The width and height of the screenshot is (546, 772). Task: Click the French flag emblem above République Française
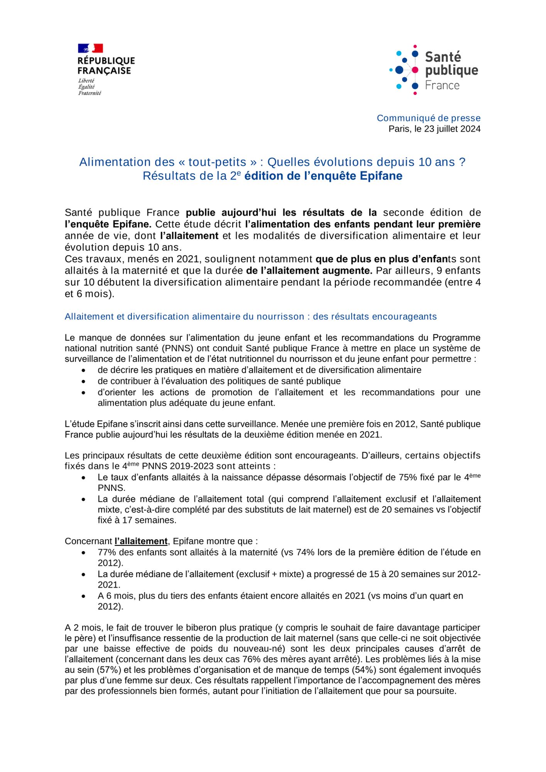point(90,48)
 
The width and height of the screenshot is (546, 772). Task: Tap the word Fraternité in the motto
point(90,93)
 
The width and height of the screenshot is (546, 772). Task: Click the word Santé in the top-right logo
point(443,57)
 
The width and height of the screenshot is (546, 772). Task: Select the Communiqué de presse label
point(428,118)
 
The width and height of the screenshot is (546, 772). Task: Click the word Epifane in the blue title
point(381,176)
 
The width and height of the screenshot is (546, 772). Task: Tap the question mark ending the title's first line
point(462,162)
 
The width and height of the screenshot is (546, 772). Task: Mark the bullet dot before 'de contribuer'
point(84,381)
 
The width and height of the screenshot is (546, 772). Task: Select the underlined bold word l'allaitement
point(141,541)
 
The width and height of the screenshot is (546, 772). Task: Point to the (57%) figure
point(105,670)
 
